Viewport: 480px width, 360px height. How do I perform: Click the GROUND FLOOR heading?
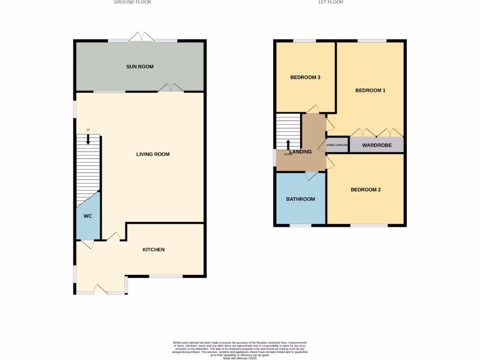133,2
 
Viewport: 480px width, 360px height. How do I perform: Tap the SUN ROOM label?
140,67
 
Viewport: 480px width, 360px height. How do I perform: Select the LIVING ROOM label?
153,154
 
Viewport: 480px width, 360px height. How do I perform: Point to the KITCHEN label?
154,249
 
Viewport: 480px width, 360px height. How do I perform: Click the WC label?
88,217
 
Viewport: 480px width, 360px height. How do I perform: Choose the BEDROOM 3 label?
305,77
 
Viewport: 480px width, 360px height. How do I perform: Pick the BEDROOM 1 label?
370,90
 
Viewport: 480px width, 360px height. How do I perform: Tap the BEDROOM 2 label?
366,190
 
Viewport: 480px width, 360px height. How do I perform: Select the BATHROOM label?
300,199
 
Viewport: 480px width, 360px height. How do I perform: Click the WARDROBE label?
377,145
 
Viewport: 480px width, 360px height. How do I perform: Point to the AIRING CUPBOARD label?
337,145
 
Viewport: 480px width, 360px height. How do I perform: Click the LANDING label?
300,152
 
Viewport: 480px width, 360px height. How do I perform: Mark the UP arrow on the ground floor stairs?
88,139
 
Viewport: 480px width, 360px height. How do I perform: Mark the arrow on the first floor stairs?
288,145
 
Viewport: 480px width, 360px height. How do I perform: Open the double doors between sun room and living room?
171,88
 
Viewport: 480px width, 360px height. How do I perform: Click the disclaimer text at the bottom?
240,350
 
